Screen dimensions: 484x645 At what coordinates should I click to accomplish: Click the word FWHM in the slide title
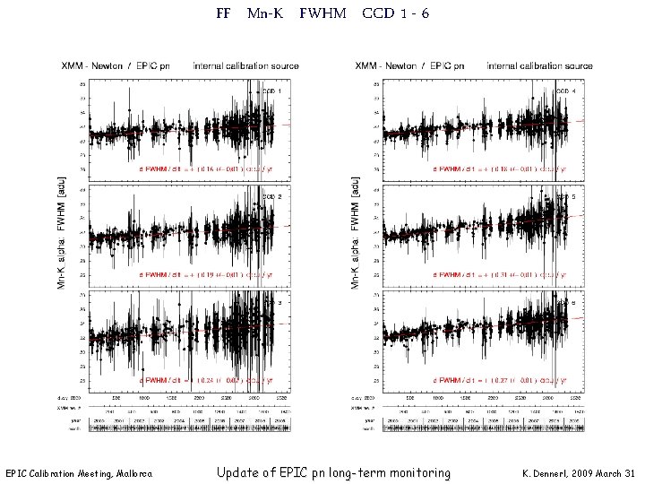coord(327,14)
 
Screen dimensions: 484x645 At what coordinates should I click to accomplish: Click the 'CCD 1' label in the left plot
coord(272,91)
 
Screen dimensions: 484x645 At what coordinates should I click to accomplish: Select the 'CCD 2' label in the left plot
coord(272,196)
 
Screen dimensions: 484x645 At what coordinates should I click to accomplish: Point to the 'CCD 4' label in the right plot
coord(566,91)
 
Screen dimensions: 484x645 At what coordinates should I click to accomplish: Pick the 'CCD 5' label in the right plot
coord(566,196)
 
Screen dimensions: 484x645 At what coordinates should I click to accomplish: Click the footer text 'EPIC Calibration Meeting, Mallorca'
coord(79,473)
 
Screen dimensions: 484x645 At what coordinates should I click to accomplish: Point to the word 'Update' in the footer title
coord(242,472)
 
